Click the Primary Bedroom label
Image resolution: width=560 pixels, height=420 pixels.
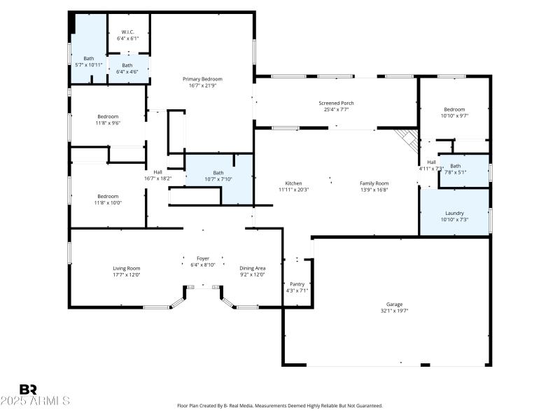coord(202,78)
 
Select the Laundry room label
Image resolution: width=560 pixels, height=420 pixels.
coord(454,213)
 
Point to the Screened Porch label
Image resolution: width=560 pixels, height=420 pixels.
coord(337,103)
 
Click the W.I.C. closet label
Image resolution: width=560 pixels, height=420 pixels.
coord(127,31)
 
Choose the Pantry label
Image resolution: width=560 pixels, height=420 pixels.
coord(297,283)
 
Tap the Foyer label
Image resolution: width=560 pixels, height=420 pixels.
coord(203,258)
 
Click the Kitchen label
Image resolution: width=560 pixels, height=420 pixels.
coord(293,183)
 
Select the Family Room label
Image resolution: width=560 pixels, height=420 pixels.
coord(374,183)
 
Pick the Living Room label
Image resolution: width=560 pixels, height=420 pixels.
coord(127,268)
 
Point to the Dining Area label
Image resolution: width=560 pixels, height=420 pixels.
coord(252,268)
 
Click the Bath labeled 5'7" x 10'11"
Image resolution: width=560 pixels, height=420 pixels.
coord(89,58)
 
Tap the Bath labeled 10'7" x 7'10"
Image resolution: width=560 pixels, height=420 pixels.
coord(218,173)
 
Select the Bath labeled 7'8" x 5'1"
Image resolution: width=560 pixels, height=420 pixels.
coord(456,166)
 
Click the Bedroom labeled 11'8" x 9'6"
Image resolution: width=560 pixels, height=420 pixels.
coord(108,116)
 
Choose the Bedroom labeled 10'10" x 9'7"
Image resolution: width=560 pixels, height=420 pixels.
coord(454,109)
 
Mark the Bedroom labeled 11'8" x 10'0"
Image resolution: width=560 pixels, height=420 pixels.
coord(108,196)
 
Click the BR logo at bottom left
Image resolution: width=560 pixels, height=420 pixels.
coord(28,389)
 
